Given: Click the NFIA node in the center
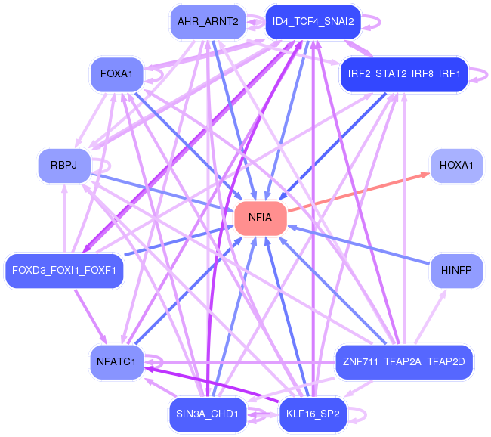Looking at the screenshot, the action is coord(261,218).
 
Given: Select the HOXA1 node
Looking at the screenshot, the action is coord(456,166).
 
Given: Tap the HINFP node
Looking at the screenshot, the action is coord(456,270).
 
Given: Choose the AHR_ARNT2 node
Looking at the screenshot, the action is coord(208,22).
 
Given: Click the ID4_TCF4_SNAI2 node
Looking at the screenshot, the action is coord(313,22).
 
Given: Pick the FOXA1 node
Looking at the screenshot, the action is coord(116,74).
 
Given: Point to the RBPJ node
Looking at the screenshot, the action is coord(64,166).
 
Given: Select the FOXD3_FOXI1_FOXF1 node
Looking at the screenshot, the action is coord(64,271).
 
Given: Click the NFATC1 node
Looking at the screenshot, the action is coord(116,362).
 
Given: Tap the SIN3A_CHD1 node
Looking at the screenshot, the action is coord(208,414).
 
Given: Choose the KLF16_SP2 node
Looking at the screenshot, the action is coord(313,414).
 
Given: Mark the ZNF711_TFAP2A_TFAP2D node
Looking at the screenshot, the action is coord(404,362).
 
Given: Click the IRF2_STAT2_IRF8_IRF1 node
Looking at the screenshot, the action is coord(404,74).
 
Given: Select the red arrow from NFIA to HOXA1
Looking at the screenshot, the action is coord(358,192).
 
